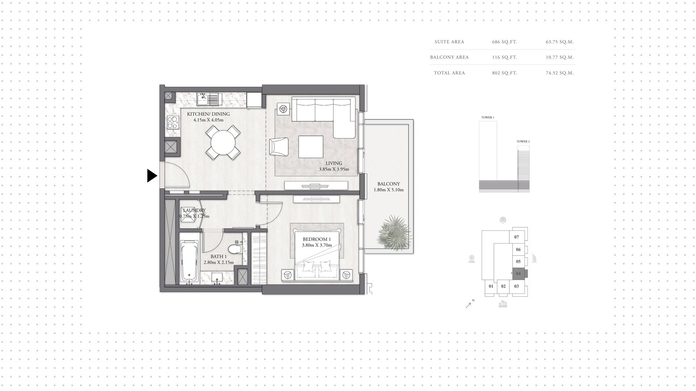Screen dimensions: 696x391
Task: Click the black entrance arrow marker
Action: click(x=152, y=176)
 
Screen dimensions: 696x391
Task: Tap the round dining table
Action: click(x=223, y=143)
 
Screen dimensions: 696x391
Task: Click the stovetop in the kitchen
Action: click(x=173, y=123)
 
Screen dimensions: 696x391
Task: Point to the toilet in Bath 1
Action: click(x=235, y=249)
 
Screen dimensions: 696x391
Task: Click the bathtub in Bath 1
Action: click(x=190, y=260)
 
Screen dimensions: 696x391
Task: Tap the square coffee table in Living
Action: click(x=311, y=147)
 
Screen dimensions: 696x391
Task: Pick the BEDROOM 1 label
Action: click(x=317, y=239)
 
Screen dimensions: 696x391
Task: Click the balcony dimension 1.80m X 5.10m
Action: click(x=389, y=190)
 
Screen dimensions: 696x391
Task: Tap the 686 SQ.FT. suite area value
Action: click(x=504, y=42)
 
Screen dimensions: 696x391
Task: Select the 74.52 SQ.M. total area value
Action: click(x=560, y=73)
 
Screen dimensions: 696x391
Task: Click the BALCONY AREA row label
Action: click(x=449, y=57)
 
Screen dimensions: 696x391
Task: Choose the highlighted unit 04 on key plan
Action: click(x=518, y=274)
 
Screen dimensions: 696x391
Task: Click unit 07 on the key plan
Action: click(x=517, y=237)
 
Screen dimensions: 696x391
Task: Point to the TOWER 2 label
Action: click(x=523, y=141)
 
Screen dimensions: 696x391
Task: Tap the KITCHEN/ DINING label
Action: click(x=208, y=114)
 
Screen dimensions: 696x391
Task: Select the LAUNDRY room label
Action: click(x=194, y=210)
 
